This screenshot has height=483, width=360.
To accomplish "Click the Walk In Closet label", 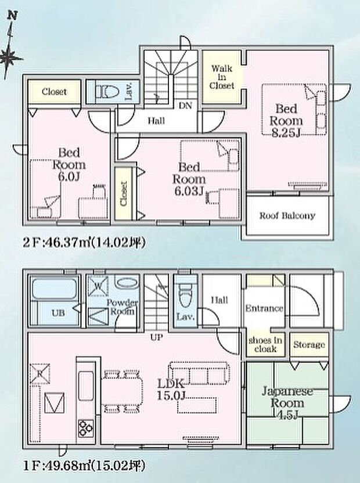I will coord(222,77).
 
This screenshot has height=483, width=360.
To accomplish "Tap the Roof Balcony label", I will coord(287,215).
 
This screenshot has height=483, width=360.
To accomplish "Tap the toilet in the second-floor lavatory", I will coord(106,92).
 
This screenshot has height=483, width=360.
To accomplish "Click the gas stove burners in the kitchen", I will coord(85,428).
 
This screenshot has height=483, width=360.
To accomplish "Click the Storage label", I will coord(308,345).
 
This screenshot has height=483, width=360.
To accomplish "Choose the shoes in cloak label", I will coord(265,345).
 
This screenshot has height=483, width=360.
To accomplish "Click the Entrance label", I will coord(264,308).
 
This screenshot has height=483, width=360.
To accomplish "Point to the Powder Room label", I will coord(122,307).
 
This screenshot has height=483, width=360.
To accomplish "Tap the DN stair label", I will coord(185,106).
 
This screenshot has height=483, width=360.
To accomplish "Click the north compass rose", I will coord(10,56).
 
